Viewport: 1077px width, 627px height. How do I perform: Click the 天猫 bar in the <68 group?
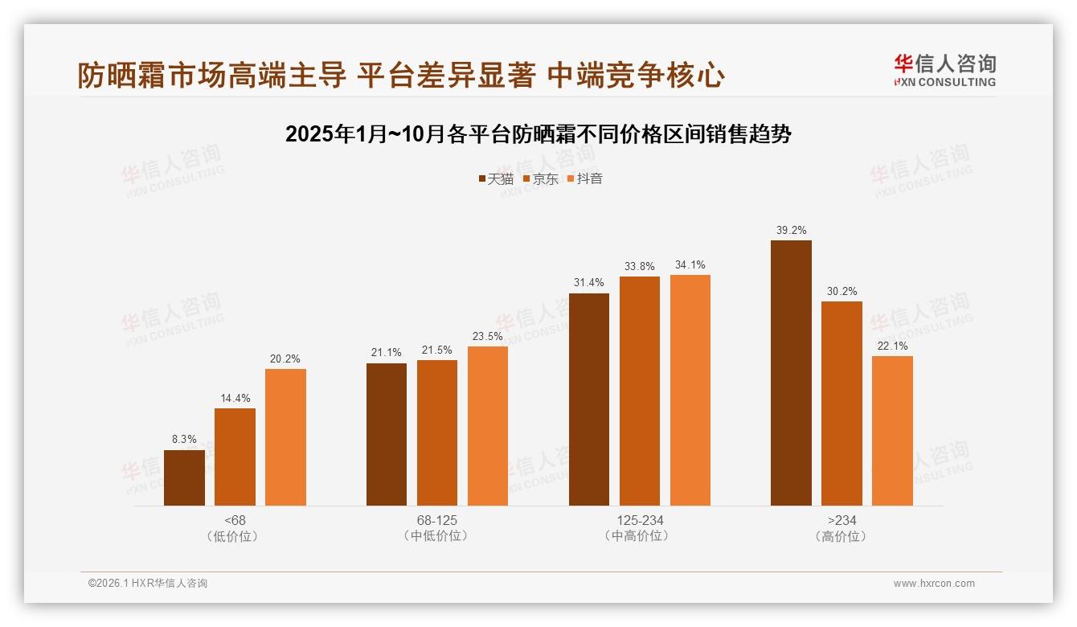click(x=184, y=477)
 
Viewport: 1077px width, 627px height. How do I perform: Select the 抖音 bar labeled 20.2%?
click(x=285, y=437)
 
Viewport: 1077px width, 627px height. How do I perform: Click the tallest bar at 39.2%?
click(x=791, y=373)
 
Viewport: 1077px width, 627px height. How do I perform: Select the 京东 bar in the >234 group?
click(x=842, y=404)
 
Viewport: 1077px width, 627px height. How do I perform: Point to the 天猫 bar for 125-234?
click(x=589, y=400)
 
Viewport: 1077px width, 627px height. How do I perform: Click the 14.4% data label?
click(x=235, y=398)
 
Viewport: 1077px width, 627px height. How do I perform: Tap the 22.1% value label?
click(x=892, y=346)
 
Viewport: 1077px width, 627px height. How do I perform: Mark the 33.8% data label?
click(x=640, y=266)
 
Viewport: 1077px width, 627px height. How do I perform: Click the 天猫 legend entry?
click(x=495, y=178)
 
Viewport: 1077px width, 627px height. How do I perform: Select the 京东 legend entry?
click(x=540, y=178)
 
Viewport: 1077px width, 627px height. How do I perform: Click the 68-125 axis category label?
click(x=436, y=520)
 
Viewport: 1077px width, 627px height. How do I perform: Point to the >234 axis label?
click(x=842, y=520)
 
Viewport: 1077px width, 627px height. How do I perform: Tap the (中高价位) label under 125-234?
click(x=640, y=536)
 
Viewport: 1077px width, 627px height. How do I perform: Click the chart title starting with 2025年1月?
click(x=538, y=133)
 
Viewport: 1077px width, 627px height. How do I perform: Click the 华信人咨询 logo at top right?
click(x=944, y=70)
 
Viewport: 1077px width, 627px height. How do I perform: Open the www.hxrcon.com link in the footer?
click(x=934, y=584)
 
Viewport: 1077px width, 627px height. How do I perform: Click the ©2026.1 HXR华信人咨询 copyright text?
click(x=148, y=584)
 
